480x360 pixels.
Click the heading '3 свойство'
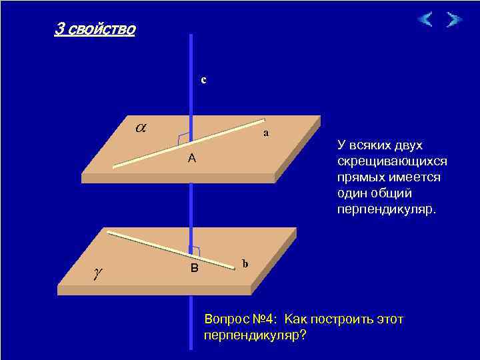click(95, 30)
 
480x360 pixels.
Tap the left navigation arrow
click(425, 19)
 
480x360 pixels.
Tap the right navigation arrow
click(454, 19)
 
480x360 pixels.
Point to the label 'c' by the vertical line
click(204, 80)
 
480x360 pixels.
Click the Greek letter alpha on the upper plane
click(141, 126)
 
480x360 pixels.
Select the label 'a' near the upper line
click(266, 133)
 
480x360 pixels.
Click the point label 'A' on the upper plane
click(191, 158)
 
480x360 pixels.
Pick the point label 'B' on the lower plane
click(195, 268)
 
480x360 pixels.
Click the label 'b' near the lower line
click(245, 263)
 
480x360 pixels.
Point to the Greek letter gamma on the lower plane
click(99, 272)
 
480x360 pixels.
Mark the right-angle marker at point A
click(183, 139)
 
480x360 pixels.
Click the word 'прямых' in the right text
click(357, 177)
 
